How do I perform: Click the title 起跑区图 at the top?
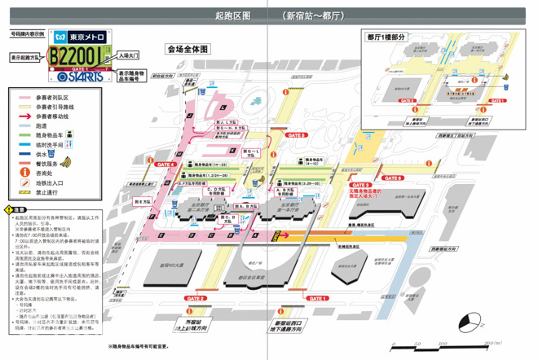point(232,15)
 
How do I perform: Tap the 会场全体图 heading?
point(188,49)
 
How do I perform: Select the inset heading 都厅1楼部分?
point(386,37)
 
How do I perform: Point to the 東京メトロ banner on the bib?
point(80,38)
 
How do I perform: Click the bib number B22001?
point(76,56)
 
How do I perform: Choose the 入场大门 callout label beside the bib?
point(129,56)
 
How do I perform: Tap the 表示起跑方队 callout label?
point(26,59)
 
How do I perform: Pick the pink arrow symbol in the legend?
point(22,116)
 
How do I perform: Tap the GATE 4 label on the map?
point(165,163)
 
